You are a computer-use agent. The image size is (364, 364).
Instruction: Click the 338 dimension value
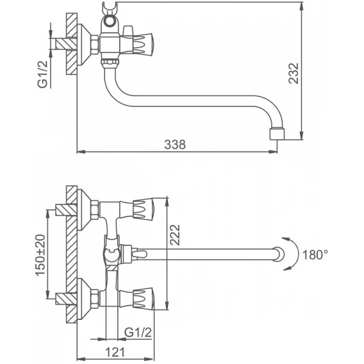[x=175, y=144]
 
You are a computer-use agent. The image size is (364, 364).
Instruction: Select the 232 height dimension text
[x=294, y=73]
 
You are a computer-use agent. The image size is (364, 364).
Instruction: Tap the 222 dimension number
[x=175, y=235]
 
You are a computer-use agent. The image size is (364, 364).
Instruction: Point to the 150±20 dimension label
[x=40, y=255]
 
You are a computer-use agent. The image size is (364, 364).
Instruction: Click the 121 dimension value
[x=115, y=352]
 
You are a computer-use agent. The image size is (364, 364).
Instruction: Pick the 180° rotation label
[x=315, y=254]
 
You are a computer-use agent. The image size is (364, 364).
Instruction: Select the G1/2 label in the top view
[x=42, y=74]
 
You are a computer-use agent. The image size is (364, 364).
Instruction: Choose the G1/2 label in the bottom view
[x=138, y=333]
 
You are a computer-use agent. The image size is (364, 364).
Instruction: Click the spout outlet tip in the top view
[x=277, y=134]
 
